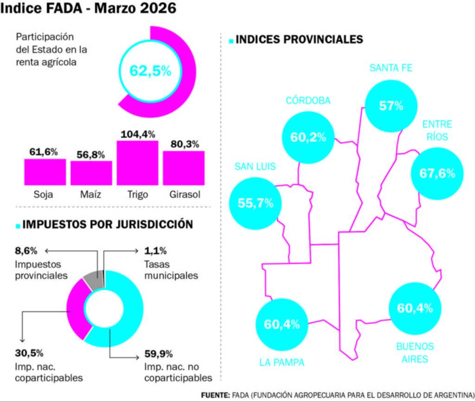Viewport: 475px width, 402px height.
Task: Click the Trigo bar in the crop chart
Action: coord(137,163)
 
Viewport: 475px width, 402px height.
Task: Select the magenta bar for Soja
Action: coord(45,172)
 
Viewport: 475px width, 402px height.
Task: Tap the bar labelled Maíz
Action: coord(91,173)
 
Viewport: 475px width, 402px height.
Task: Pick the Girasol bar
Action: coord(184,168)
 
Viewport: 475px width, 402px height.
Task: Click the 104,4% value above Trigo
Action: coord(137,134)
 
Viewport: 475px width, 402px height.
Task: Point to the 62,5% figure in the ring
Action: coord(150,71)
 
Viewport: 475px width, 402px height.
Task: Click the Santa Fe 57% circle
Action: coord(391,106)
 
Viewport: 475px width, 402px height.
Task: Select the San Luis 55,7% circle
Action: coord(256,203)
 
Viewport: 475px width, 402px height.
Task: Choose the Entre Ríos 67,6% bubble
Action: coord(437,174)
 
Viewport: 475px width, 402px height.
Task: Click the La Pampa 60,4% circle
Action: coord(282,324)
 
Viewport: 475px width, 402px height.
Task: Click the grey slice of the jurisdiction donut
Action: coord(93,277)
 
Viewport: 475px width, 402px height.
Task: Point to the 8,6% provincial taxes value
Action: coord(24,251)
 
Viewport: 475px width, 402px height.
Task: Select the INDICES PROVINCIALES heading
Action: coord(299,39)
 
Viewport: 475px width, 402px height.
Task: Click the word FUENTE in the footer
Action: coord(215,395)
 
